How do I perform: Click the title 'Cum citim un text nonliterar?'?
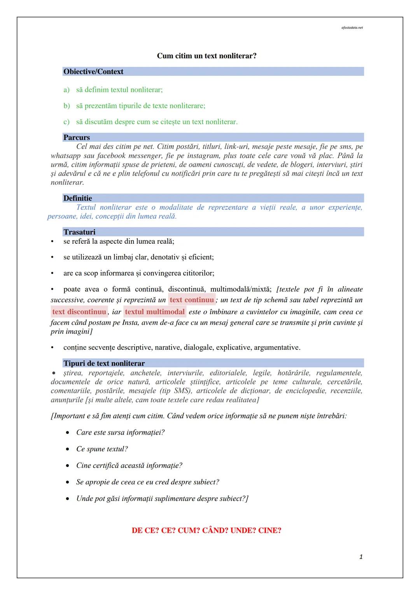206,56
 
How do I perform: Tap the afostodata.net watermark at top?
352,28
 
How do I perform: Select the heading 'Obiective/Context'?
93,72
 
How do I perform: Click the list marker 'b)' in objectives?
66,106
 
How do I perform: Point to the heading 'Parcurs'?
77,137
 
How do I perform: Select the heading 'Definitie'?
78,198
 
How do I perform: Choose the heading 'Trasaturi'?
79,232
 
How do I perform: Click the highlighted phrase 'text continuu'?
192,300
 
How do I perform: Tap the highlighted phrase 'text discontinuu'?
79,312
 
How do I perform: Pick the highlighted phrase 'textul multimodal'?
155,312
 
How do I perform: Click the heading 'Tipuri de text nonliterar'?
104,363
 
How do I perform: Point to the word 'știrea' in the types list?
73,373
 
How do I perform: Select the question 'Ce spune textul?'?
102,449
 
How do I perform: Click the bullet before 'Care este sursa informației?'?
68,433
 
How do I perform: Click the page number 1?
361,557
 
